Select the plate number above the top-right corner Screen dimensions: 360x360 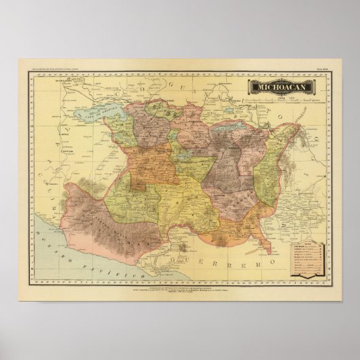325,66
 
